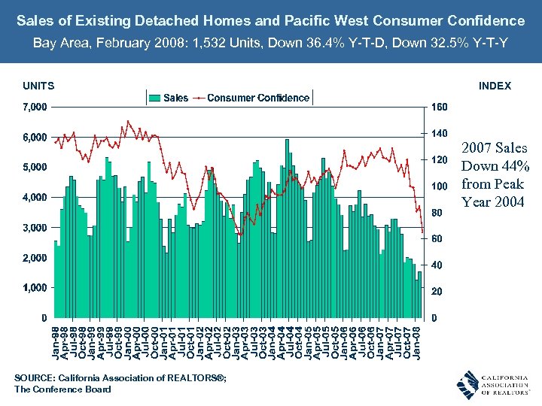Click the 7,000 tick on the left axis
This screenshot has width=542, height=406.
click(32, 107)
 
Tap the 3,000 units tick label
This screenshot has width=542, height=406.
click(32, 227)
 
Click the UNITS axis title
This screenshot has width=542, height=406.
click(38, 86)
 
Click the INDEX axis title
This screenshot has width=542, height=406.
click(495, 86)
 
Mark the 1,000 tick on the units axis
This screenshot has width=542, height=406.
click(32, 287)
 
